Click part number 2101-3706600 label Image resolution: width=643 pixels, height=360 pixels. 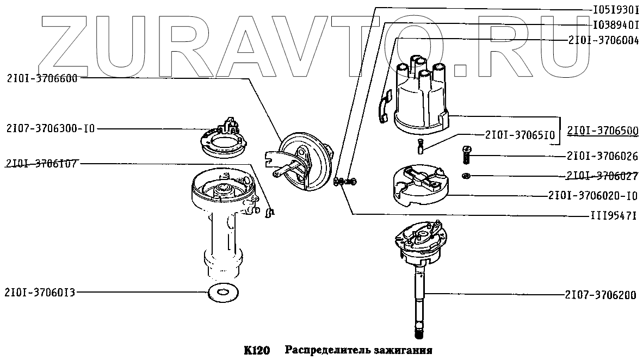tap(43, 78)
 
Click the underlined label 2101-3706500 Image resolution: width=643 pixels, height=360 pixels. tap(602, 132)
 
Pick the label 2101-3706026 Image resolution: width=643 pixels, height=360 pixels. tap(602, 157)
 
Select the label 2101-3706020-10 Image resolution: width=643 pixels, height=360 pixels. tap(593, 195)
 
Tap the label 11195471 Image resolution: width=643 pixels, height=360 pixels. tap(615, 215)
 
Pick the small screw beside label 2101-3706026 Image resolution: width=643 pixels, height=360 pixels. tap(466, 156)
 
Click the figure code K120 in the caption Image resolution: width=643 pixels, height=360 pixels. tap(257, 350)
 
